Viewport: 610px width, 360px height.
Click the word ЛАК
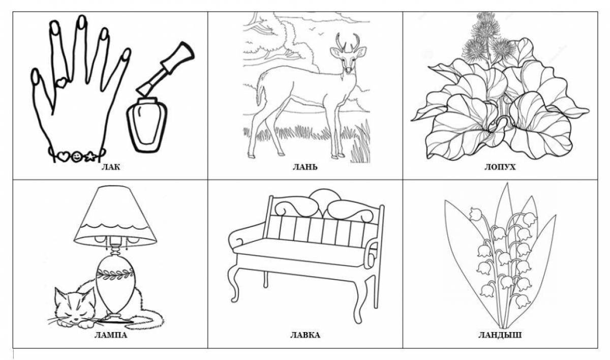pos(111,167)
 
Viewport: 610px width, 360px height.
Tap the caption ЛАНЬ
pos(305,167)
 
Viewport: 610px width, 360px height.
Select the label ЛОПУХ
pos(500,167)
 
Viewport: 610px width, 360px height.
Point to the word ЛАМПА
pos(111,335)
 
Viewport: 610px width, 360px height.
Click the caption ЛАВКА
pos(305,335)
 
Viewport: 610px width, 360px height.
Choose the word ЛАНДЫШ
pos(500,335)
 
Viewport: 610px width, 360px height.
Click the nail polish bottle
pos(147,125)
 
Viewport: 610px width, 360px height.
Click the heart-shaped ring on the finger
pos(62,82)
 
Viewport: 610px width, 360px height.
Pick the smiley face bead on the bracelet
pos(76,157)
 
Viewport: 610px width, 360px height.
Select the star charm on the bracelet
pos(90,157)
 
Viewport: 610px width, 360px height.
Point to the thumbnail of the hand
pos(35,76)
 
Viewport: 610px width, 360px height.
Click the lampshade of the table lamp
pos(115,217)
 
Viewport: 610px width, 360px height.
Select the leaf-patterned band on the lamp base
pos(115,274)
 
